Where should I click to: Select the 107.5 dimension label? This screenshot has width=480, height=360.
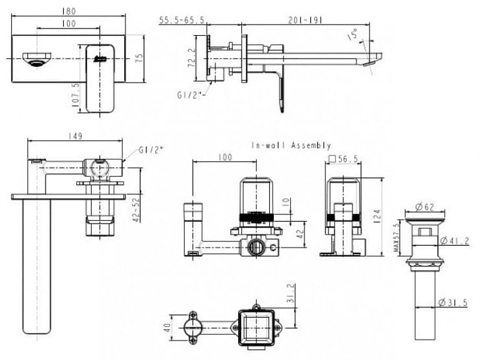click(x=75, y=94)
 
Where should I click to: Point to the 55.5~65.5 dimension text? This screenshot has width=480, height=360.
click(x=182, y=21)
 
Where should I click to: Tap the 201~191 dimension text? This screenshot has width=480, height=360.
click(x=304, y=20)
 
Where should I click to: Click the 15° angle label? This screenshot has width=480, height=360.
click(x=353, y=34)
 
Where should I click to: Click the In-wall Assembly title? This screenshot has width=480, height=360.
click(x=291, y=146)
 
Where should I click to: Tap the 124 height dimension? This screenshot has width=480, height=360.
click(x=379, y=214)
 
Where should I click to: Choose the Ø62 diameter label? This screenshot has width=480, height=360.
click(x=425, y=208)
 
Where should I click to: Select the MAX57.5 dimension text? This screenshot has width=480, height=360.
click(x=398, y=238)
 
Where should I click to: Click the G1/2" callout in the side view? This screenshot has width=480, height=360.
click(x=191, y=95)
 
